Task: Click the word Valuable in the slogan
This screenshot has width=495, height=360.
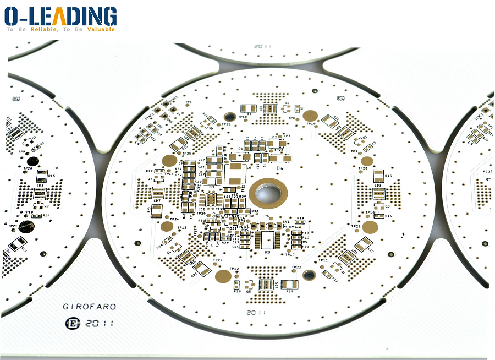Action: [x=101, y=29]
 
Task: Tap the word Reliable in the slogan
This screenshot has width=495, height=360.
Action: [x=43, y=29]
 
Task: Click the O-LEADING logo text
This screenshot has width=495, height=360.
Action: [x=61, y=15]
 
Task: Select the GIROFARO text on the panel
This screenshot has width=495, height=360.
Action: [x=89, y=307]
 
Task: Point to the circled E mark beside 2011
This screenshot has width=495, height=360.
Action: [x=71, y=323]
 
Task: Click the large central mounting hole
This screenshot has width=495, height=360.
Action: [x=268, y=193]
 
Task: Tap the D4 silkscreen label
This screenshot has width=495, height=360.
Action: [x=279, y=168]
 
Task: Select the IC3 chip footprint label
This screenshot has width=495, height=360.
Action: [x=267, y=252]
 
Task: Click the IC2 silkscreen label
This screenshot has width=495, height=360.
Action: [x=202, y=209]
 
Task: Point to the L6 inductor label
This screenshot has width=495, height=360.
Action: [x=249, y=167]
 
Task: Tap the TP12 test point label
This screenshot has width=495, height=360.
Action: [x=234, y=269]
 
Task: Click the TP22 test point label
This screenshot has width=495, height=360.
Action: [x=296, y=267]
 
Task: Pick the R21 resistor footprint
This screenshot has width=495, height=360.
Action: [x=202, y=268]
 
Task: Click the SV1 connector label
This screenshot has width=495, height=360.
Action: [x=286, y=222]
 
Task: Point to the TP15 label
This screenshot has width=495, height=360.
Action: [x=226, y=124]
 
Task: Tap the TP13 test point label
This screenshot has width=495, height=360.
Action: [x=182, y=227]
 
